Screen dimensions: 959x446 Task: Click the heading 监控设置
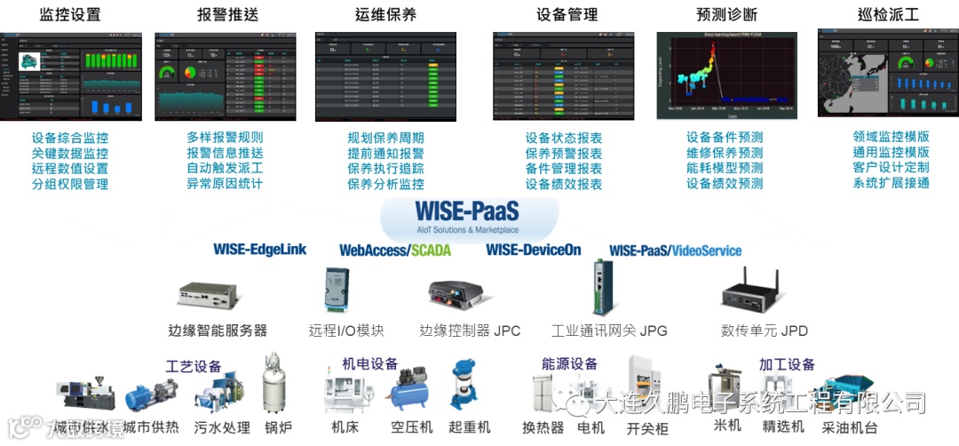[70, 14]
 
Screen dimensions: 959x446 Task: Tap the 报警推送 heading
[227, 14]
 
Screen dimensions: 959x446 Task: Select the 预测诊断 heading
[727, 14]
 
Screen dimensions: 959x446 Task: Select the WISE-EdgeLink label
[259, 250]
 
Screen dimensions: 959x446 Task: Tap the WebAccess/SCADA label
[395, 251]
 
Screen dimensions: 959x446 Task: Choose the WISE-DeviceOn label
[533, 250]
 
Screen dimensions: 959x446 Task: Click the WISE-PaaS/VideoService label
[675, 251]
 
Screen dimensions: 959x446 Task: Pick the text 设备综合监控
[70, 138]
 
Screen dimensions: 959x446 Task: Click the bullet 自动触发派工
[225, 169]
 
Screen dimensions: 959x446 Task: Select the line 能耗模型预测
[725, 169]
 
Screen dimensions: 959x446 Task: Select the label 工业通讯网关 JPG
[608, 331]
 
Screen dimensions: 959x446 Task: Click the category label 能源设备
[569, 364]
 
